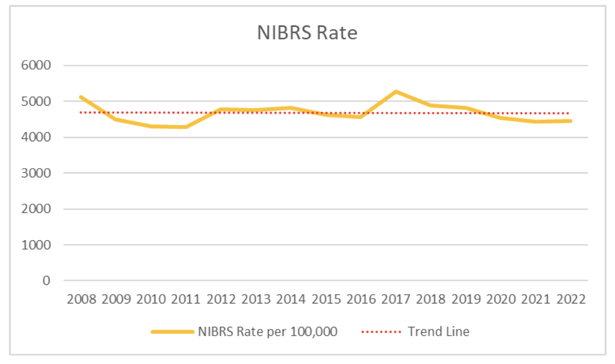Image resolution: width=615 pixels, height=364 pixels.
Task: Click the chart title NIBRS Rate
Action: [x=307, y=33]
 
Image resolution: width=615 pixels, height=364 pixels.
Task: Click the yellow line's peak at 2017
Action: [x=396, y=92]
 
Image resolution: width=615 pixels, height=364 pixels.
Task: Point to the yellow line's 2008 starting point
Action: [x=80, y=97]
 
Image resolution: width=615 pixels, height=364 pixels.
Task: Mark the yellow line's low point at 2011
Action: [x=185, y=127]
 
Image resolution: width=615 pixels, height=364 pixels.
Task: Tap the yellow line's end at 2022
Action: [x=571, y=121]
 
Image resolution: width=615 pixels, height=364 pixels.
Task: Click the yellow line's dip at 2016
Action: [x=361, y=117]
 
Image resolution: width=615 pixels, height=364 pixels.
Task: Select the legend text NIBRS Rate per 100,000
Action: [x=268, y=332]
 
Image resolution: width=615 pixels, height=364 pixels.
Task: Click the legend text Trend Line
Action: [x=438, y=332]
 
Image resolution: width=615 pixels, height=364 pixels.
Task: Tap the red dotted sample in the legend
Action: [x=381, y=332]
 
